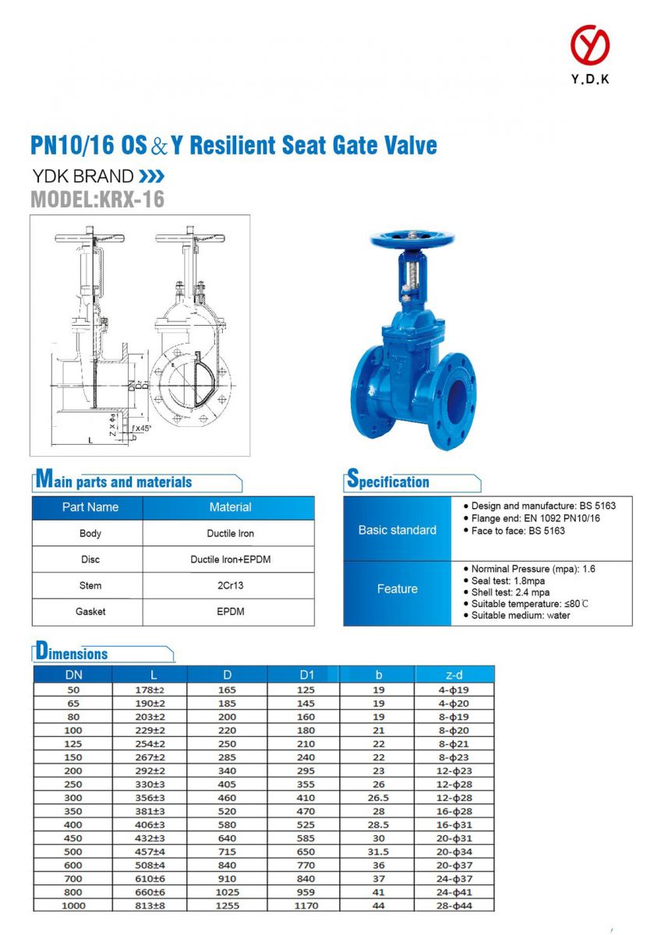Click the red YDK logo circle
(x=589, y=45)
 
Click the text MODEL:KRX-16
(x=97, y=199)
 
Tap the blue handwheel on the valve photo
(x=412, y=239)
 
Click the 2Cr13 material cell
(x=230, y=585)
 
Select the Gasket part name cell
(x=90, y=612)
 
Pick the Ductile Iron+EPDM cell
(x=230, y=559)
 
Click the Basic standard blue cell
(x=397, y=530)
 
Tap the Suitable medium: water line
(x=520, y=616)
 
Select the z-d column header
(x=454, y=675)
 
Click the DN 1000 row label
(x=74, y=905)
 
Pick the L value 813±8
(x=150, y=905)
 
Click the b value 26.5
(x=378, y=798)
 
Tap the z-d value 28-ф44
(x=454, y=905)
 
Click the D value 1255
(x=227, y=905)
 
